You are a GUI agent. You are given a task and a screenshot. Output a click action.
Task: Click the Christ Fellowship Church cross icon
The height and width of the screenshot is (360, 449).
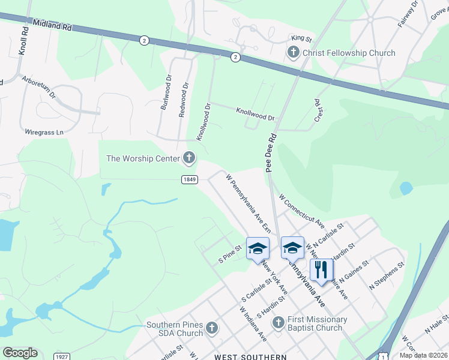tap(293, 53)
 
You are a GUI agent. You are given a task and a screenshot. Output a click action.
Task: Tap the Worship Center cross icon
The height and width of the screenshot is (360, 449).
tap(189, 158)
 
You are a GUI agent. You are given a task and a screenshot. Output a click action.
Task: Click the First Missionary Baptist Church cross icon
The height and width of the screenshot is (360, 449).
tap(278, 323)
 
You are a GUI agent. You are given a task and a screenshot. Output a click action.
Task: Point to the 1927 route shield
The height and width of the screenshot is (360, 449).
tap(61, 356)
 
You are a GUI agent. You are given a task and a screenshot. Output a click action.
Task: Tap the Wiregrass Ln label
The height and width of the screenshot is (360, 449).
tap(44, 132)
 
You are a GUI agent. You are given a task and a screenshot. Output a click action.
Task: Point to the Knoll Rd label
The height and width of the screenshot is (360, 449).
tap(24, 41)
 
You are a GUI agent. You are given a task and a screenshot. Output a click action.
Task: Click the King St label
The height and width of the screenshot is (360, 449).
tap(301, 38)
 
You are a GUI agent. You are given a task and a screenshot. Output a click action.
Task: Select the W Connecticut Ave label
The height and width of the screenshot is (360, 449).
tap(302, 211)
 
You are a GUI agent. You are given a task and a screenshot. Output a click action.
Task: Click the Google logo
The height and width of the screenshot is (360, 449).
tap(20, 353)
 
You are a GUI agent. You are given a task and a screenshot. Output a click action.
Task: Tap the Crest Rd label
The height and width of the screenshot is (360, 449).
tap(319, 111)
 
